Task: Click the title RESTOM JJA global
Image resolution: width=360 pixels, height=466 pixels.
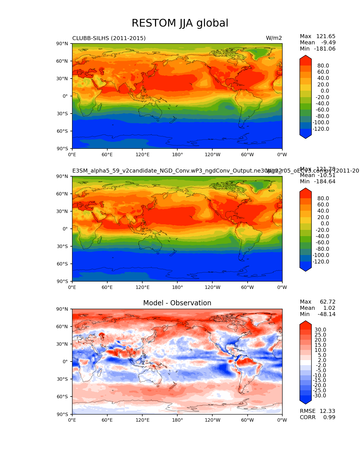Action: (x=180, y=23)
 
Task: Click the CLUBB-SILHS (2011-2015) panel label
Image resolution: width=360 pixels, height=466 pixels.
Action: (x=109, y=38)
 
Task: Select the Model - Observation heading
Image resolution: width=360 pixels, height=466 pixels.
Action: (x=177, y=303)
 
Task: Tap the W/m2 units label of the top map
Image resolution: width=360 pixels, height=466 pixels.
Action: (x=274, y=38)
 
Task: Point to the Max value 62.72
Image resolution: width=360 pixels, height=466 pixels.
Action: (x=328, y=302)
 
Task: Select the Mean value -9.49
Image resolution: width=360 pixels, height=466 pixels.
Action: (x=328, y=42)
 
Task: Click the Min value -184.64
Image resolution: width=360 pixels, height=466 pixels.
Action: (x=325, y=181)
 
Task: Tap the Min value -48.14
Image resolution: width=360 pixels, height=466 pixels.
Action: (x=326, y=314)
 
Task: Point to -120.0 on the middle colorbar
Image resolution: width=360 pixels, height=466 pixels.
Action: (x=321, y=262)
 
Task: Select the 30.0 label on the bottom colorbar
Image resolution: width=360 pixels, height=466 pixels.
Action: (x=320, y=330)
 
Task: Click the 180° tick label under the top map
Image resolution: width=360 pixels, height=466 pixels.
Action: (x=177, y=154)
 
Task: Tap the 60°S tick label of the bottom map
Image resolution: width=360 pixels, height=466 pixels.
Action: (x=62, y=397)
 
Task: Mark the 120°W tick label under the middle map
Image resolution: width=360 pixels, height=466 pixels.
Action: (x=212, y=287)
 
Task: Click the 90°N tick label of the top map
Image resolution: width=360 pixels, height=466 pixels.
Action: (x=62, y=43)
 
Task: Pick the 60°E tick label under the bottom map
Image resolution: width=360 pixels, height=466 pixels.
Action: (x=107, y=420)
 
